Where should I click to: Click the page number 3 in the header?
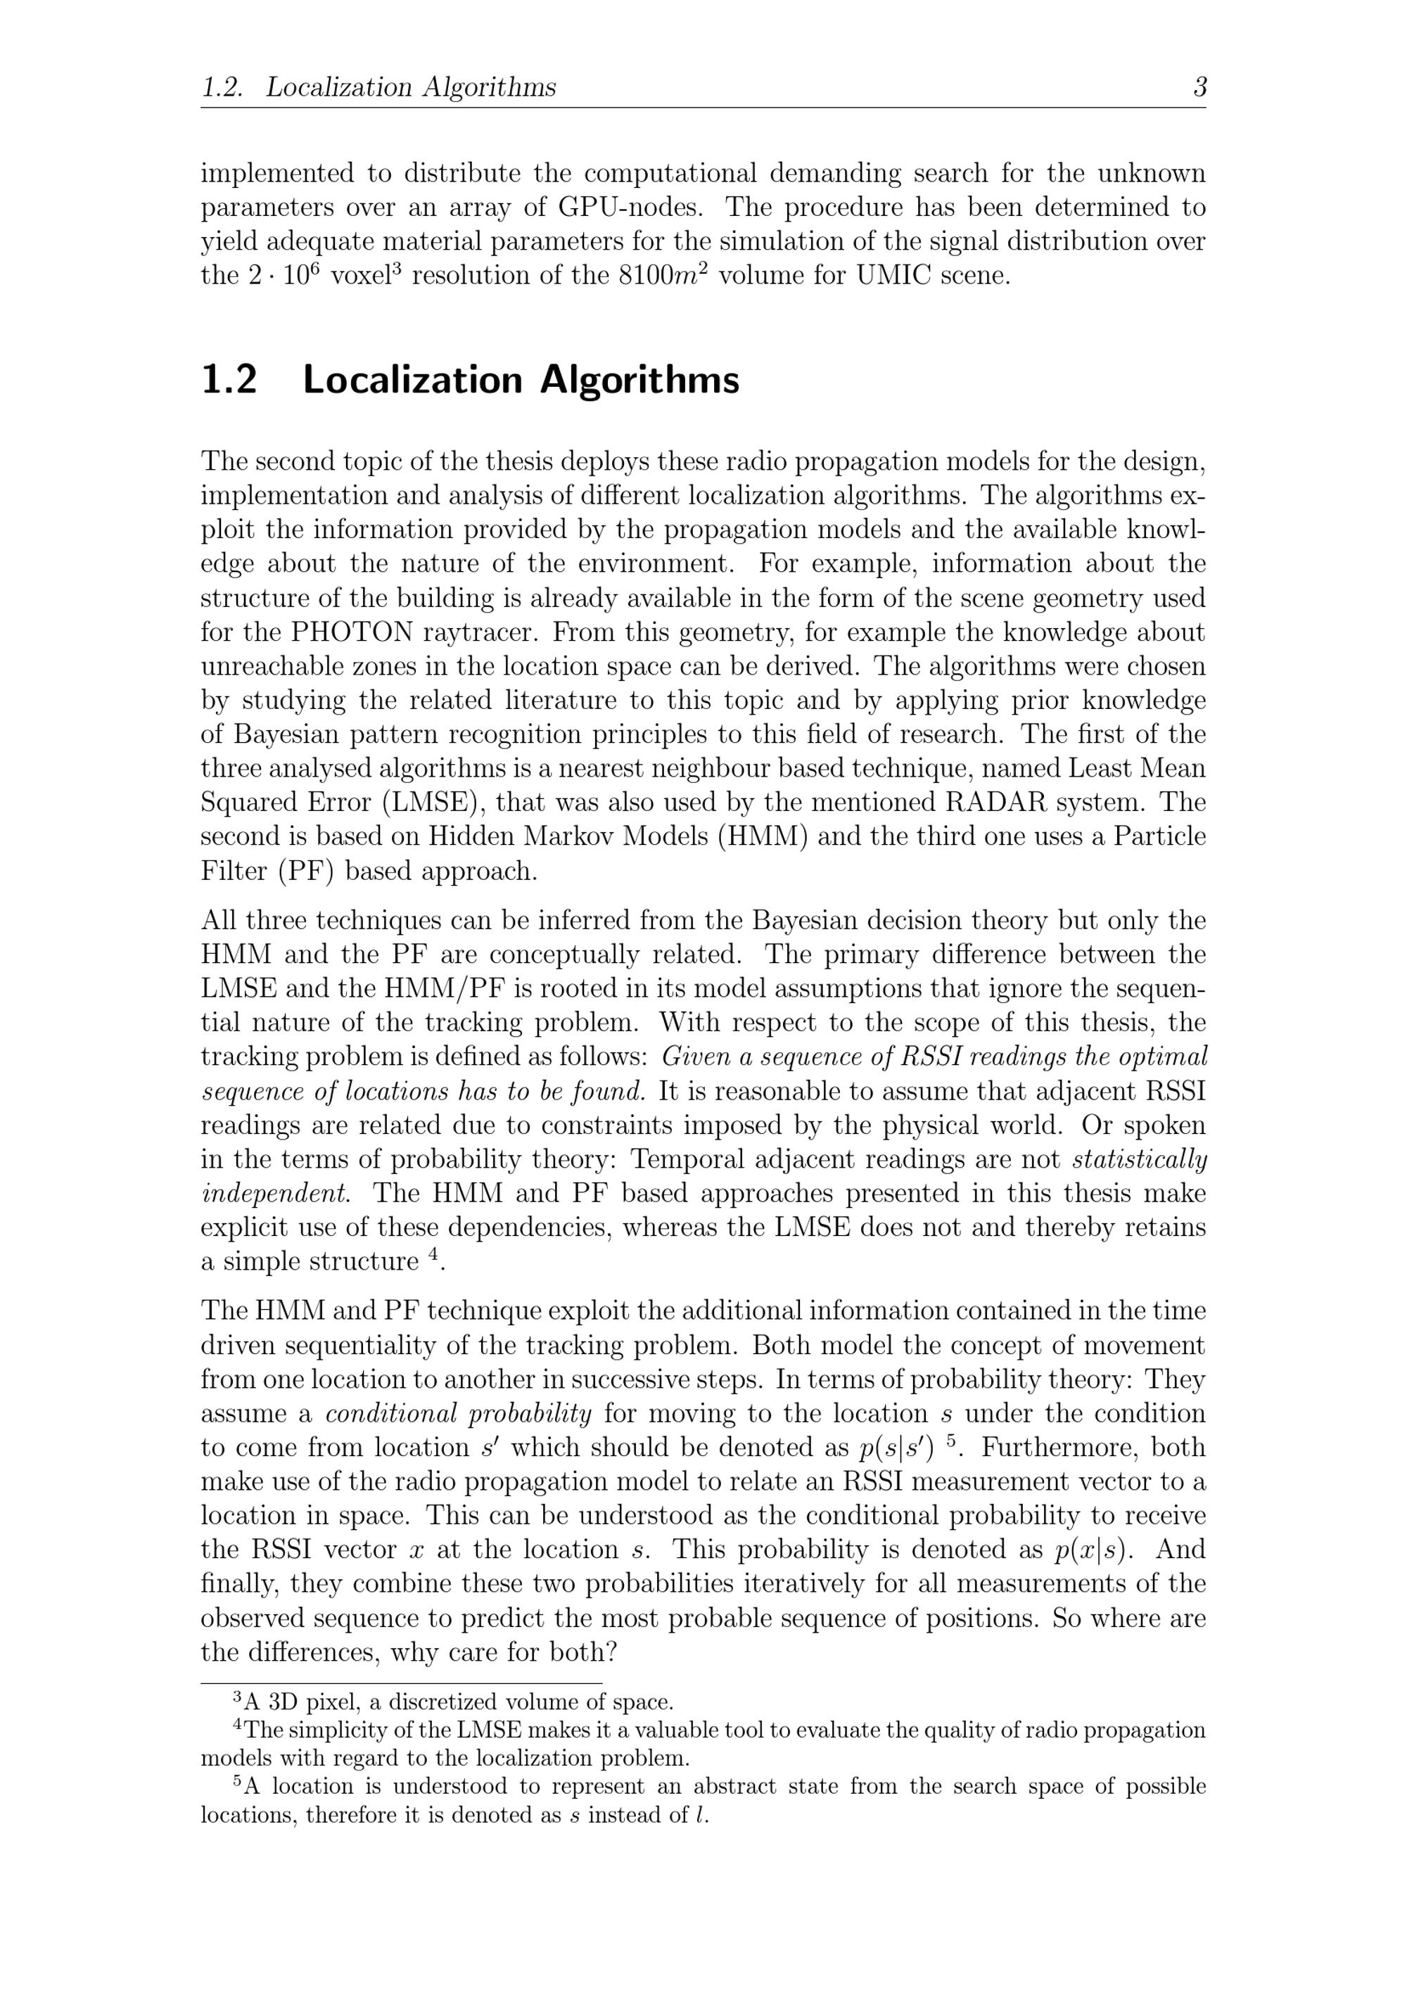click(x=1199, y=87)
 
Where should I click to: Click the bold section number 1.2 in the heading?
click(x=229, y=380)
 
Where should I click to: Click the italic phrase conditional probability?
click(x=459, y=1414)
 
